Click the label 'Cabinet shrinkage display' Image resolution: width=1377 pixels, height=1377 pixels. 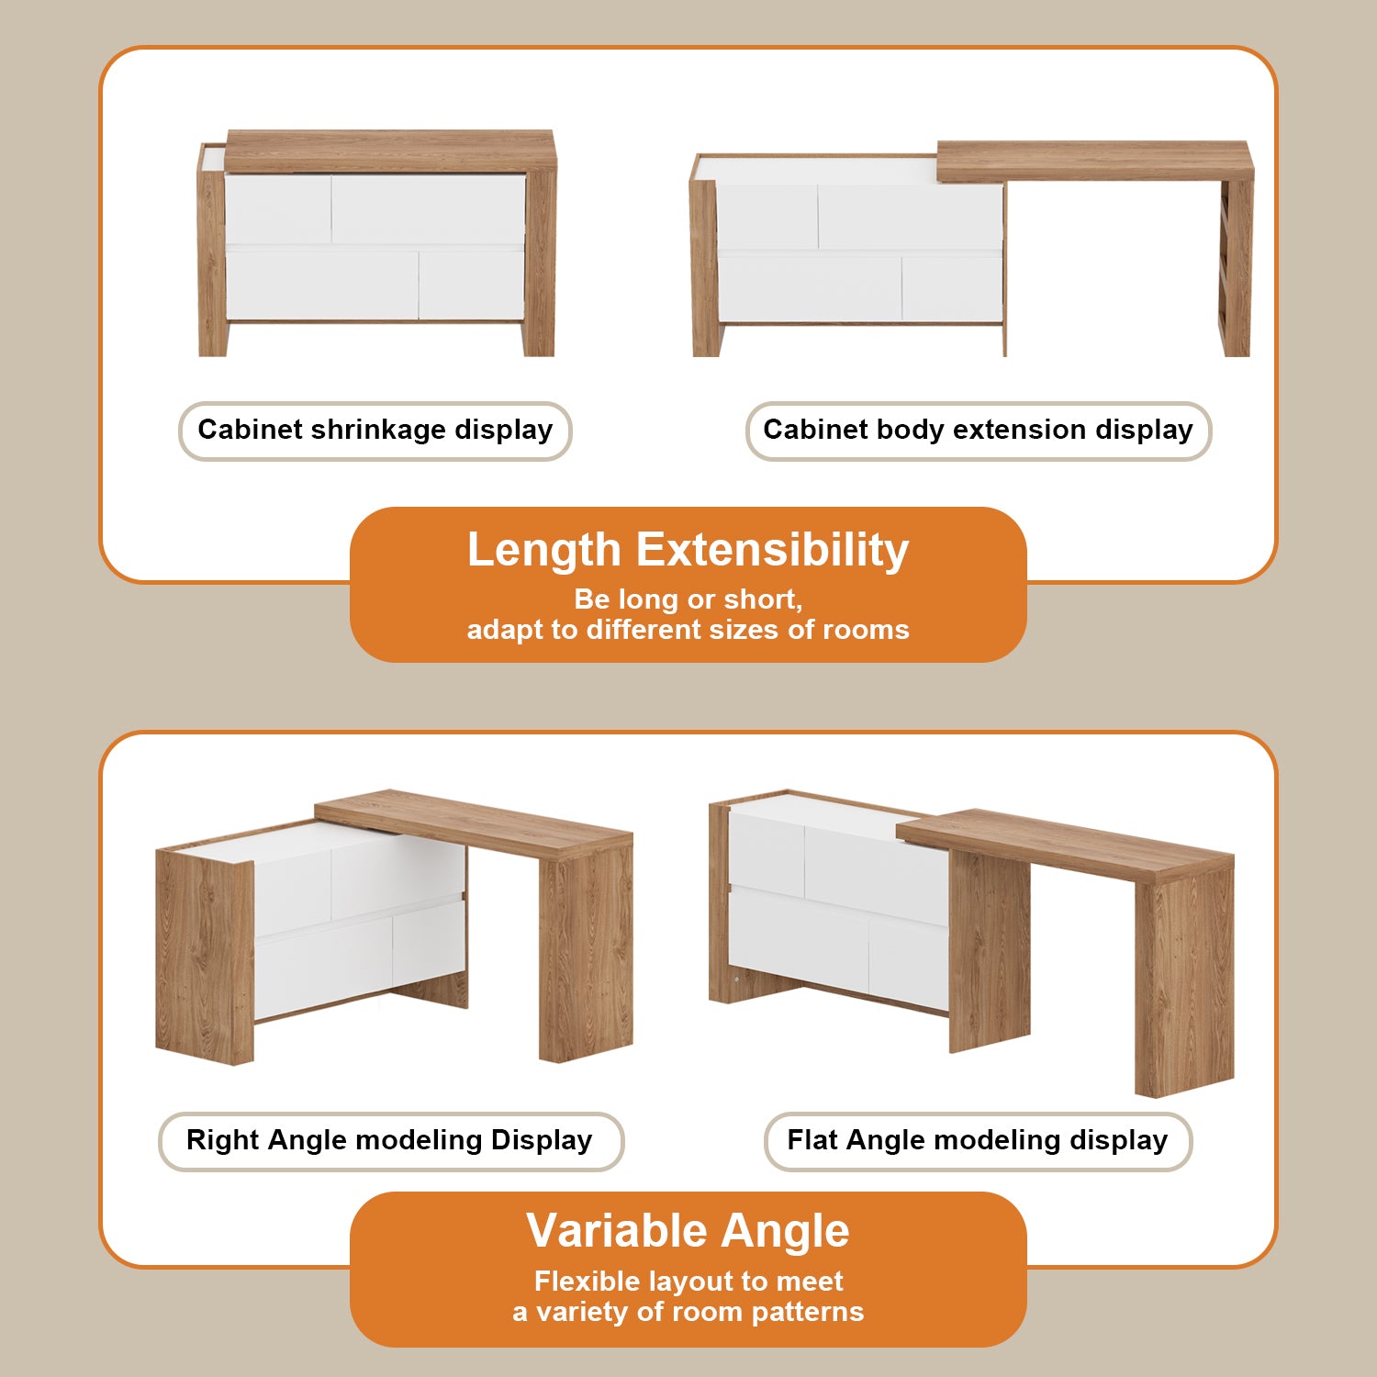pos(375,430)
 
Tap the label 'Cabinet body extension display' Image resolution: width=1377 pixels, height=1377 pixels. pos(978,430)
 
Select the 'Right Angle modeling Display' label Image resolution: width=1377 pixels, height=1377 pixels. pos(389,1140)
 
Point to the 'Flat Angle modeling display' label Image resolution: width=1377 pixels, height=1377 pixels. pos(977,1140)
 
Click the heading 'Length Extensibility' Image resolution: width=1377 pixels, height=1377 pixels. pos(688,550)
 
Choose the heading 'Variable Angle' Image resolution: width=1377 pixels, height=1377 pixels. pos(688,1230)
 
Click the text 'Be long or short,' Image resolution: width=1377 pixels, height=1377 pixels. pos(688,599)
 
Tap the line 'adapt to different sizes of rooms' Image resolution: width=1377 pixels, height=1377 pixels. pos(688,630)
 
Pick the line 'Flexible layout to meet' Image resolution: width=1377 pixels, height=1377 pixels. pos(688,1281)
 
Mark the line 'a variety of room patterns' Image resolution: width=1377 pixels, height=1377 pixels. pos(688,1312)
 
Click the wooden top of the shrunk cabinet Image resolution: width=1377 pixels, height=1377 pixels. pos(390,150)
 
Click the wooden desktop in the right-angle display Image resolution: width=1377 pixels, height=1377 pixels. pos(473,823)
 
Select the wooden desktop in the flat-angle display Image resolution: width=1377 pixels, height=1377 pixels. pos(1065,843)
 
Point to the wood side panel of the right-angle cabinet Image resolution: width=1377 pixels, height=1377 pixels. pos(204,955)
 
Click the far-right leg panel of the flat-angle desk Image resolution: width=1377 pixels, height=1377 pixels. pos(1184,982)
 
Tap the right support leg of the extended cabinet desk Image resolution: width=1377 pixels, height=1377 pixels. pos(1236,266)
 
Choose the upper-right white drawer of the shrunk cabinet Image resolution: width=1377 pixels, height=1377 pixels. pos(428,209)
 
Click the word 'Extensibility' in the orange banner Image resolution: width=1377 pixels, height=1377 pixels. pos(772,550)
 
